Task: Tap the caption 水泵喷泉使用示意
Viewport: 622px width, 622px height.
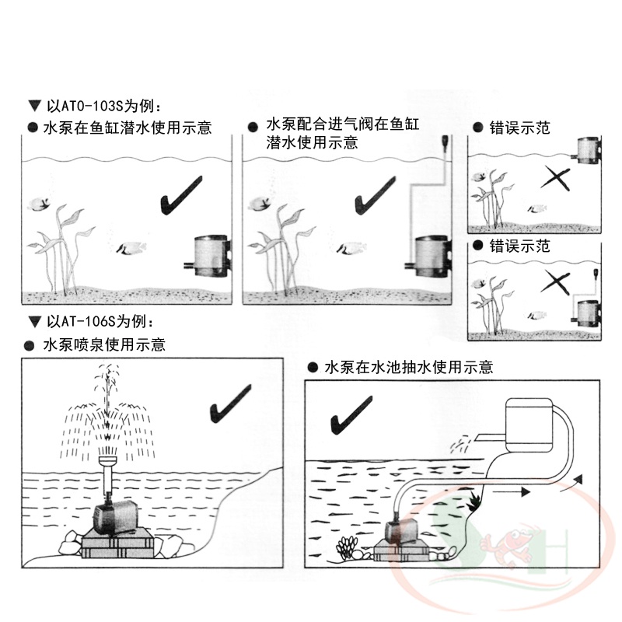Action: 104,344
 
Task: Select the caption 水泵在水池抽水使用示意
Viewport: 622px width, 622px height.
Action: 409,367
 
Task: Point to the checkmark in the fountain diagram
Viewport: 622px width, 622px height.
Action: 230,404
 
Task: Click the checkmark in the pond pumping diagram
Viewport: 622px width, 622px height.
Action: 351,415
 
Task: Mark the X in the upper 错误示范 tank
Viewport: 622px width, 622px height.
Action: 555,179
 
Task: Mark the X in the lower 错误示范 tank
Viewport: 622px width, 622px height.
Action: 555,282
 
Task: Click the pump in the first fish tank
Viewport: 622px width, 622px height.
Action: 208,256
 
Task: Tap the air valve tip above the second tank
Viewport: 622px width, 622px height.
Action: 445,141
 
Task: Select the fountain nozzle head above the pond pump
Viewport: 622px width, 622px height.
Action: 108,462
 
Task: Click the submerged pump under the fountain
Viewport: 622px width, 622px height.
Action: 116,515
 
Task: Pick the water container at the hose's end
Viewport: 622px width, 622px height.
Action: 529,425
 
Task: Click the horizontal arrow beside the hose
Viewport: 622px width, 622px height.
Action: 512,492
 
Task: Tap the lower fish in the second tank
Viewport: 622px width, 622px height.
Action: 351,248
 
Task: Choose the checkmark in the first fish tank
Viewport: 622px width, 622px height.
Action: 181,196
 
